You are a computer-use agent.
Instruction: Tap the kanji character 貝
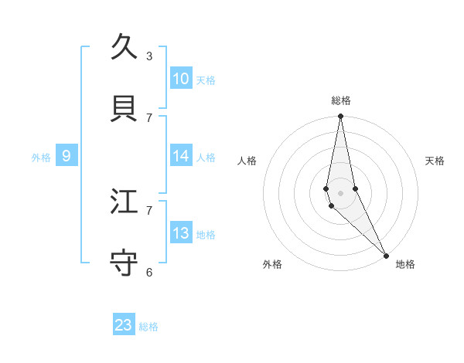click(124, 108)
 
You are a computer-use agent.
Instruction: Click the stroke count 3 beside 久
click(149, 56)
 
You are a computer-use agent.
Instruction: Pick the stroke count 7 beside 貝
click(149, 117)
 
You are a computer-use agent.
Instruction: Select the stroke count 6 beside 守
click(149, 272)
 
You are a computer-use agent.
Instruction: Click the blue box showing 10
click(181, 79)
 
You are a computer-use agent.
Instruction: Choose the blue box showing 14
click(181, 156)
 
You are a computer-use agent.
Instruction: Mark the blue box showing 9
click(67, 156)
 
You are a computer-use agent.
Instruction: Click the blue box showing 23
click(124, 325)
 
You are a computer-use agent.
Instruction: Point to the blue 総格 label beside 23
click(148, 327)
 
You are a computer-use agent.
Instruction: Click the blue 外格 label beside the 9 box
click(41, 158)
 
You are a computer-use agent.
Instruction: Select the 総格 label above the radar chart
click(341, 100)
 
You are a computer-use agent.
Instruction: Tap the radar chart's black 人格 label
click(247, 161)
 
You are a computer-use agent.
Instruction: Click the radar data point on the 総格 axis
click(340, 117)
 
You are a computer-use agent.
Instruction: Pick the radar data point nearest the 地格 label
click(386, 255)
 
